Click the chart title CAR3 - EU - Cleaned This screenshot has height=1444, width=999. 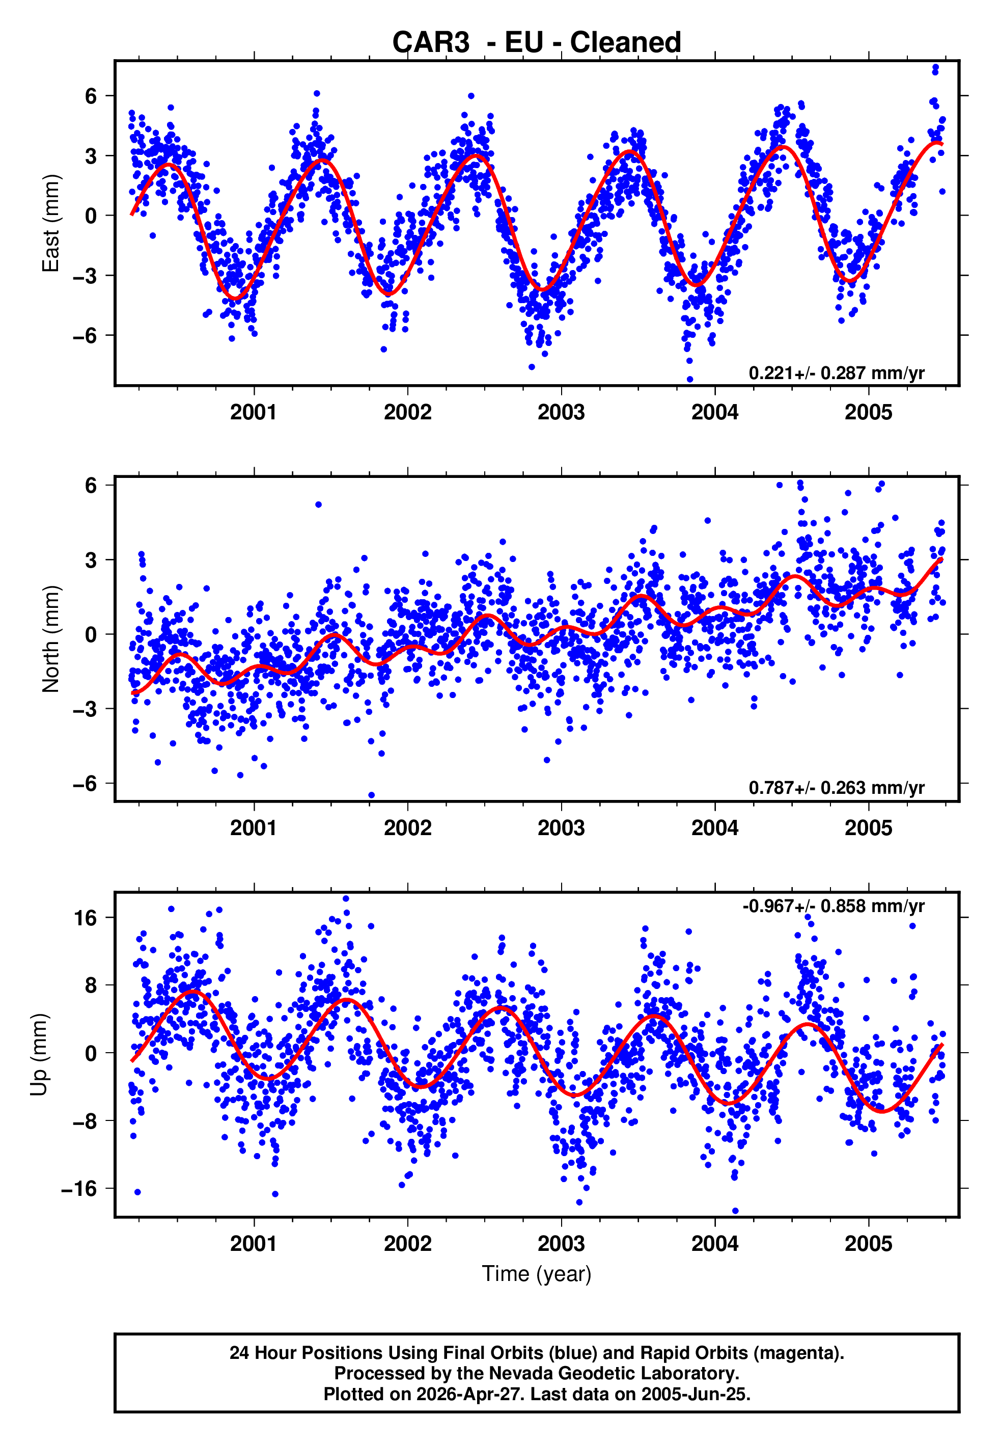pos(537,43)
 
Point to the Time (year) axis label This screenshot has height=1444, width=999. pos(537,1274)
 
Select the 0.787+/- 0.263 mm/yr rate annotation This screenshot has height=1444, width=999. pos(836,788)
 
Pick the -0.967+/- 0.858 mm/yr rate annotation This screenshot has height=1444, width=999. pos(833,906)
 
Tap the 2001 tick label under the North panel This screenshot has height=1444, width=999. pos(254,828)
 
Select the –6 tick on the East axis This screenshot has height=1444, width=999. pos(85,336)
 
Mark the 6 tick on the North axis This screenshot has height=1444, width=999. pos(91,485)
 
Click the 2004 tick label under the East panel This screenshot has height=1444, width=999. pos(714,413)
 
